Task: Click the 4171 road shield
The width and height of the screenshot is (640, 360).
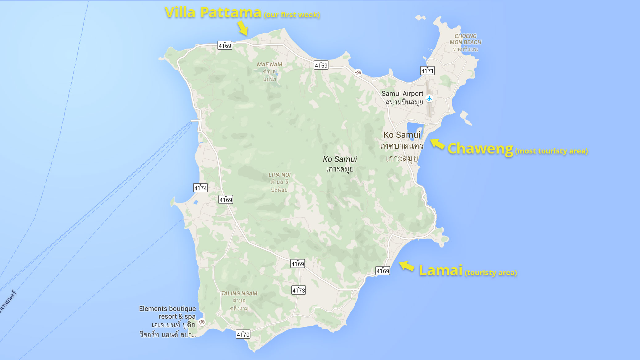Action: [x=427, y=71]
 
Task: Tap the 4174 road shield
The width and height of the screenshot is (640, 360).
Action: [x=200, y=188]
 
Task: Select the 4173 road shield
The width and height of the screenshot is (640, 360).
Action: [x=299, y=290]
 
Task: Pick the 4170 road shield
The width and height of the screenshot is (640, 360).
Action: [x=243, y=334]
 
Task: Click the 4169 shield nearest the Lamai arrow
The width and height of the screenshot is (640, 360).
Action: [x=382, y=271]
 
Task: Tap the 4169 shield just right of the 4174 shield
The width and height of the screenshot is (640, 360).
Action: [x=226, y=199]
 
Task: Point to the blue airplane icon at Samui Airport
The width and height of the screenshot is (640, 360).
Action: [x=429, y=99]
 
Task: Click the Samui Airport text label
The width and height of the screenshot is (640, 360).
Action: [x=402, y=93]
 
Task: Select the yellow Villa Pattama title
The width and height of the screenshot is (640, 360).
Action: [x=213, y=13]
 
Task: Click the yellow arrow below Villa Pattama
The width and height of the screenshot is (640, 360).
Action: [x=243, y=28]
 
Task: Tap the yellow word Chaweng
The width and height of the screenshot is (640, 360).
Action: [x=480, y=149]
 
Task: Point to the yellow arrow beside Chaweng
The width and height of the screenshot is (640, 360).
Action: [x=437, y=144]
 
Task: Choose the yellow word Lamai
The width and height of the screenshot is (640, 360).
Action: [x=440, y=270]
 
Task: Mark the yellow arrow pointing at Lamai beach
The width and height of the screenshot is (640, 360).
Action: [x=407, y=266]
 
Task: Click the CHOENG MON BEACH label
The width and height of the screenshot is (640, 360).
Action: [x=465, y=39]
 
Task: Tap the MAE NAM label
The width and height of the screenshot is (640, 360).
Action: [x=270, y=64]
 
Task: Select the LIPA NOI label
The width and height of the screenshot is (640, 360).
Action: [x=279, y=175]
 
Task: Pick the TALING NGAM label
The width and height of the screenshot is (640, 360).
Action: [x=239, y=293]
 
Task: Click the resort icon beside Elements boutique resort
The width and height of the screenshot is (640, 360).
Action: [x=202, y=322]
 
